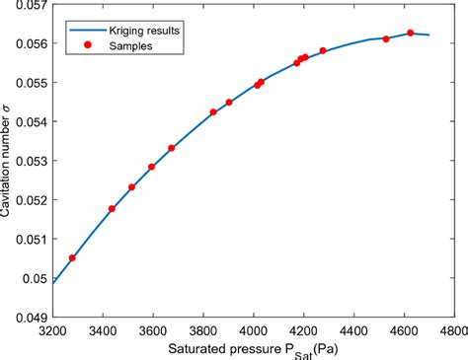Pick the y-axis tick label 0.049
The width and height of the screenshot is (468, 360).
click(31, 317)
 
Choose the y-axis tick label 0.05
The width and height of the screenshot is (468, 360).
click(35, 278)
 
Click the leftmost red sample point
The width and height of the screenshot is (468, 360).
click(72, 257)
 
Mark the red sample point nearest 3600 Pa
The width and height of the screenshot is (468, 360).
click(151, 167)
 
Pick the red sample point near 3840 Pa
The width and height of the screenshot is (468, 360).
click(213, 112)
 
